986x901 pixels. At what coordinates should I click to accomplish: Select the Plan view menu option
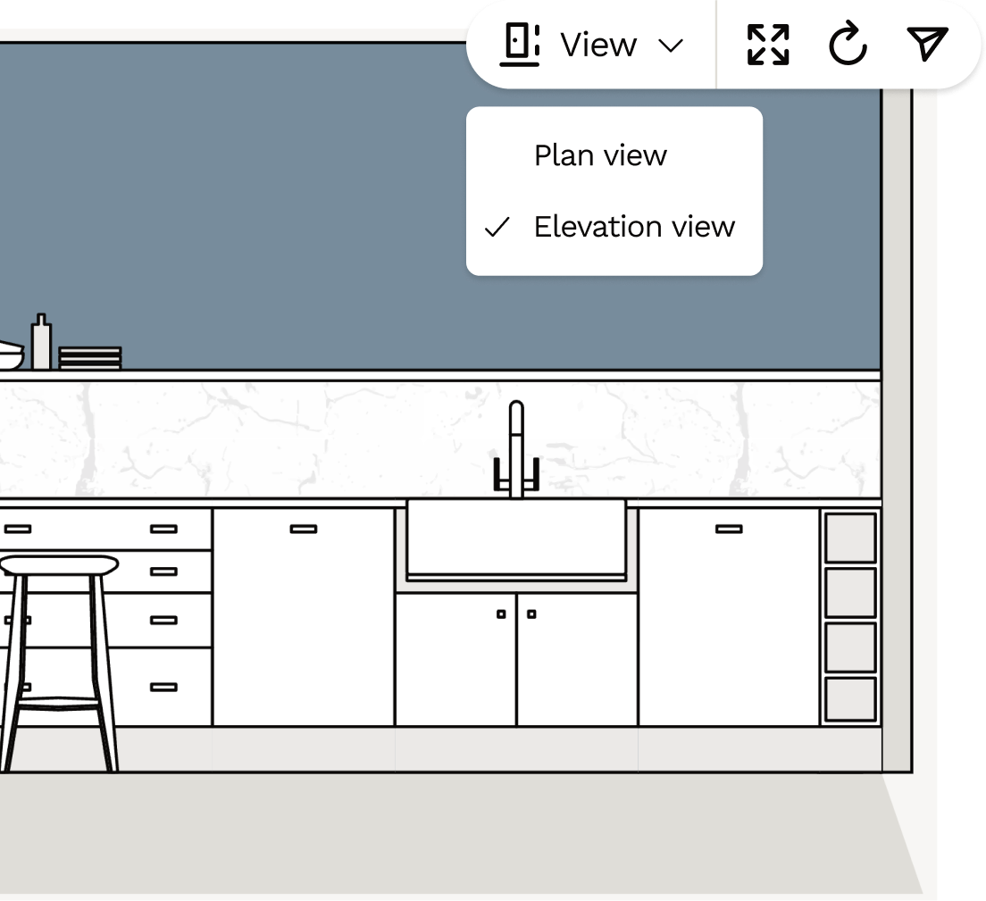tap(600, 155)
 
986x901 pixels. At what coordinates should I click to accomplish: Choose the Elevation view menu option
tap(634, 227)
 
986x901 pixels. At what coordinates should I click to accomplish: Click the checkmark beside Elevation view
tap(497, 228)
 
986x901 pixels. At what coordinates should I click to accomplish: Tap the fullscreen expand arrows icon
tap(768, 45)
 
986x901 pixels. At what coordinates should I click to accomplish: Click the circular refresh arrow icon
tap(848, 45)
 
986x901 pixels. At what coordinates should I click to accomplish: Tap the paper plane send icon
tap(927, 44)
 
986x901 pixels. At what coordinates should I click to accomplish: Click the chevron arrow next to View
tap(671, 46)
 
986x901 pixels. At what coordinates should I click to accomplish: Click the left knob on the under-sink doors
tap(501, 614)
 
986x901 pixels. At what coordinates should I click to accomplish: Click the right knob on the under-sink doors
tap(531, 614)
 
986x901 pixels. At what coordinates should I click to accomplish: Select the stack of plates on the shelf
tap(89, 358)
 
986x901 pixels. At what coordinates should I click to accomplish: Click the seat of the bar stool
tap(58, 565)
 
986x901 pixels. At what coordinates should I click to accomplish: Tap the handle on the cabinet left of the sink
tap(304, 530)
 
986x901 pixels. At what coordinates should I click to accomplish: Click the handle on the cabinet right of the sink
tap(729, 530)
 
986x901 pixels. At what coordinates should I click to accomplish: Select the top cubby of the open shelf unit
tap(850, 538)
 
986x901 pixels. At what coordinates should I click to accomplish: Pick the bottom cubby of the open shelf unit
tap(850, 699)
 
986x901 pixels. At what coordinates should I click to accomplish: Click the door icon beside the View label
tap(520, 45)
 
